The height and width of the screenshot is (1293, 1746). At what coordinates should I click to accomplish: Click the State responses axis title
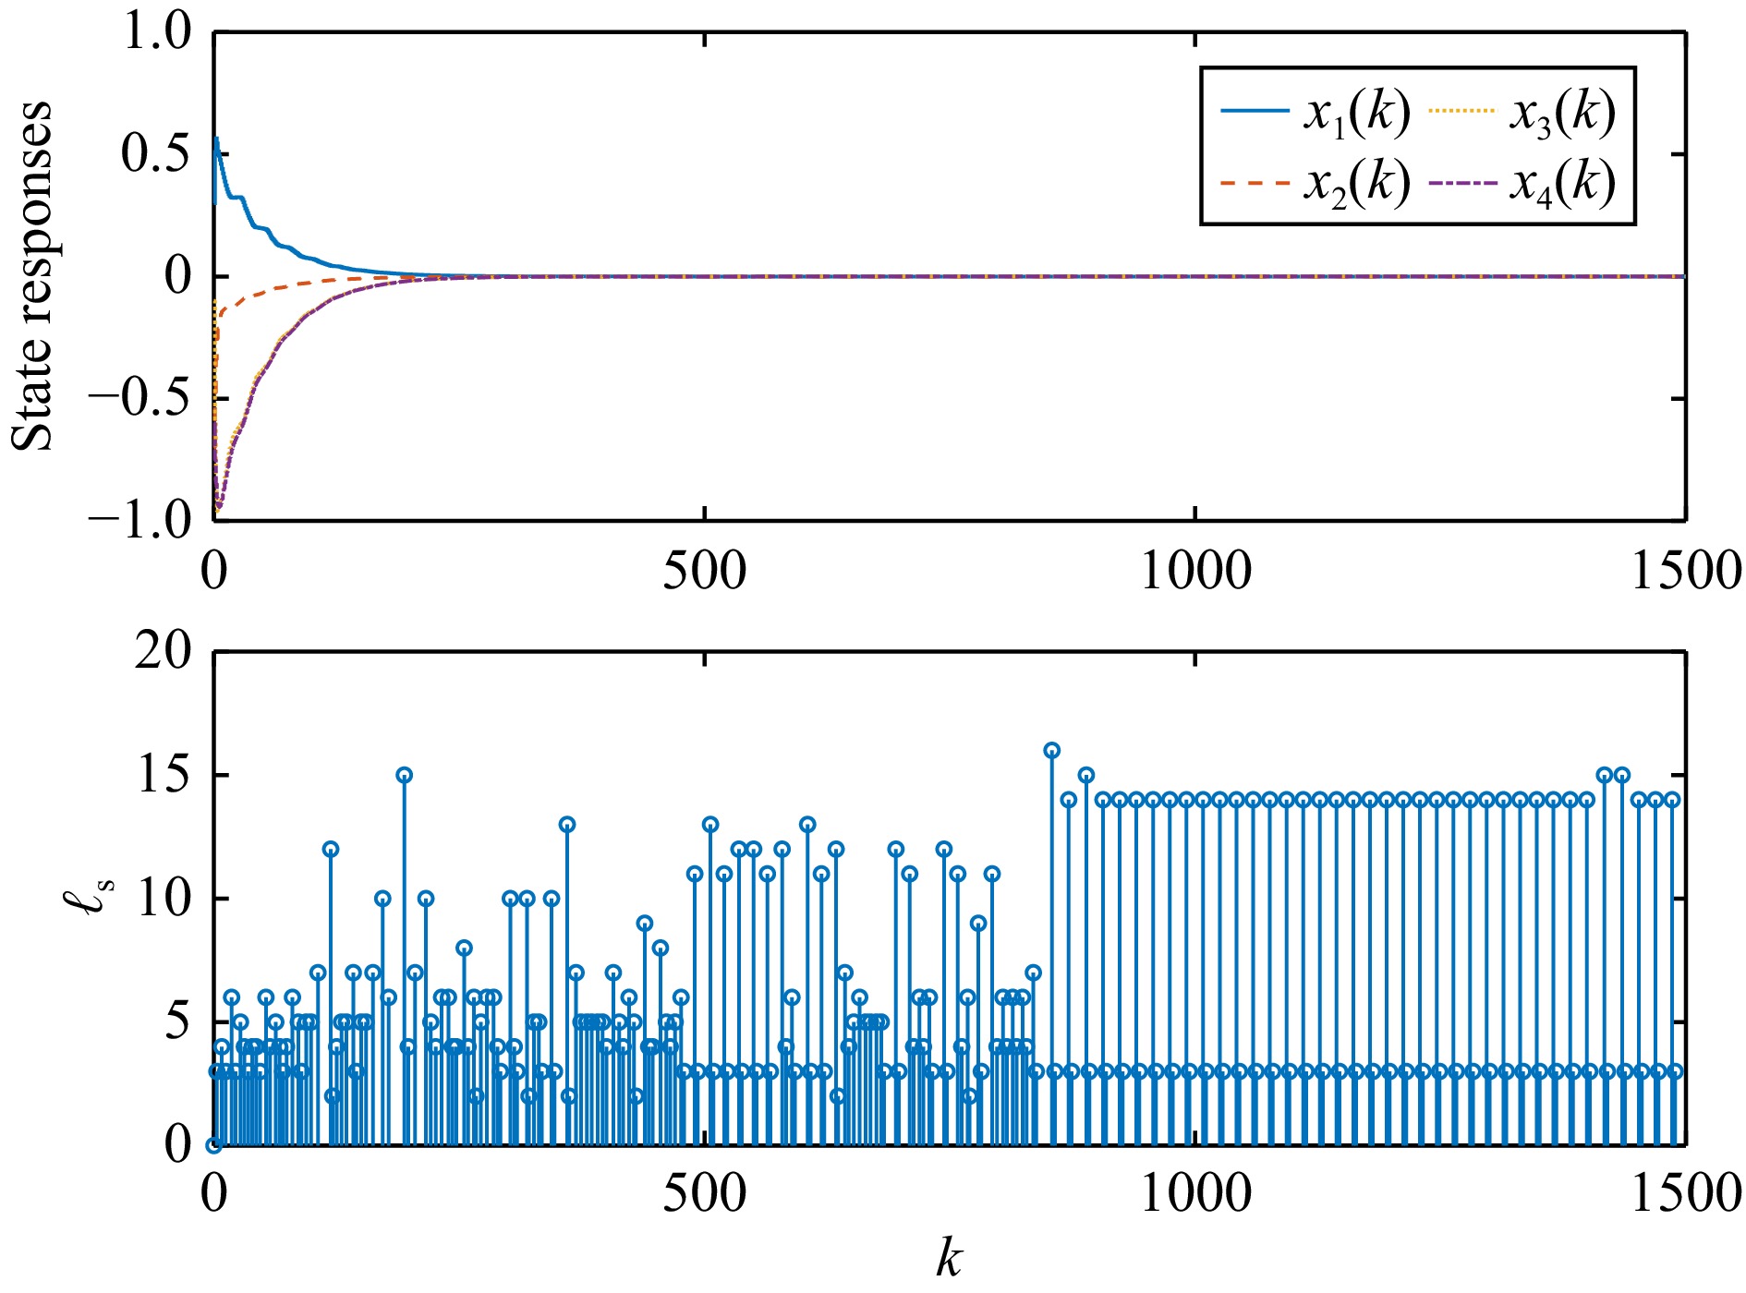[x=33, y=275]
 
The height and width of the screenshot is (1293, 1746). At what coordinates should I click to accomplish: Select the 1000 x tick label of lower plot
[x=1195, y=1193]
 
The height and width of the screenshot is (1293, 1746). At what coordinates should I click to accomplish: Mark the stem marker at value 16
[x=1051, y=750]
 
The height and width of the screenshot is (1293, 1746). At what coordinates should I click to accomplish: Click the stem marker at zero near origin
[x=213, y=1145]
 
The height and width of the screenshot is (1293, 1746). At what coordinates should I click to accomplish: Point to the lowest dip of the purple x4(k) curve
[x=219, y=507]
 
